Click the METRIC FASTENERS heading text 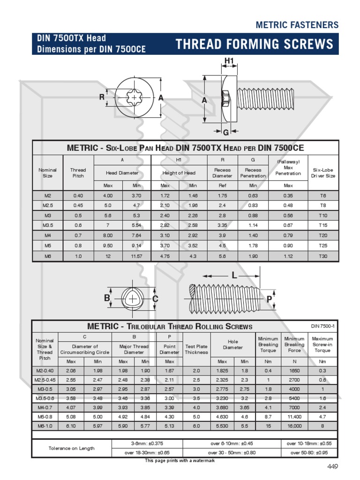[x=297, y=25]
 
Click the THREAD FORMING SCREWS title [x=255, y=45]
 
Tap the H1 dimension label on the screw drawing [x=229, y=60]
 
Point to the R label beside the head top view [x=102, y=97]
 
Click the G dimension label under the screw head [x=225, y=133]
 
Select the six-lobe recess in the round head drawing [x=134, y=98]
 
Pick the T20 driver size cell [x=323, y=235]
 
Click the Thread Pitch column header [x=78, y=173]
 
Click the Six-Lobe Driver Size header [x=323, y=173]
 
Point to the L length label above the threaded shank [x=234, y=276]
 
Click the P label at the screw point [x=269, y=299]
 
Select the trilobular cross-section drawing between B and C [x=131, y=299]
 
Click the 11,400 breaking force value [x=294, y=415]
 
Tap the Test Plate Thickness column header [x=196, y=349]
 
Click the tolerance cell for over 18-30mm [x=147, y=453]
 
